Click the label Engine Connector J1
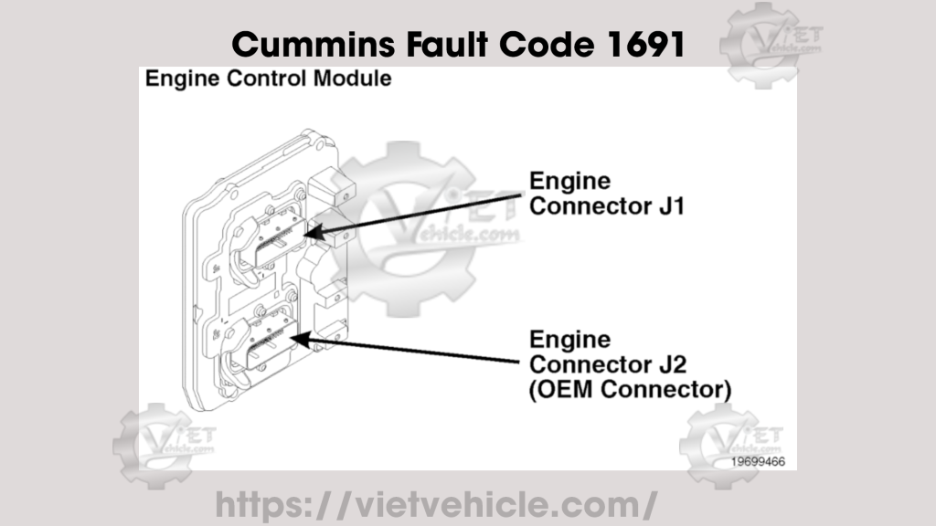[607, 193]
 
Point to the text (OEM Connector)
[631, 389]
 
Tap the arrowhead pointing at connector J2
[298, 340]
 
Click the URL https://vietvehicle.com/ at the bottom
[436, 503]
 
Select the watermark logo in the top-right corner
[770, 44]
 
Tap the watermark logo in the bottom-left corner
[164, 445]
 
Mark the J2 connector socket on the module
[271, 345]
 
